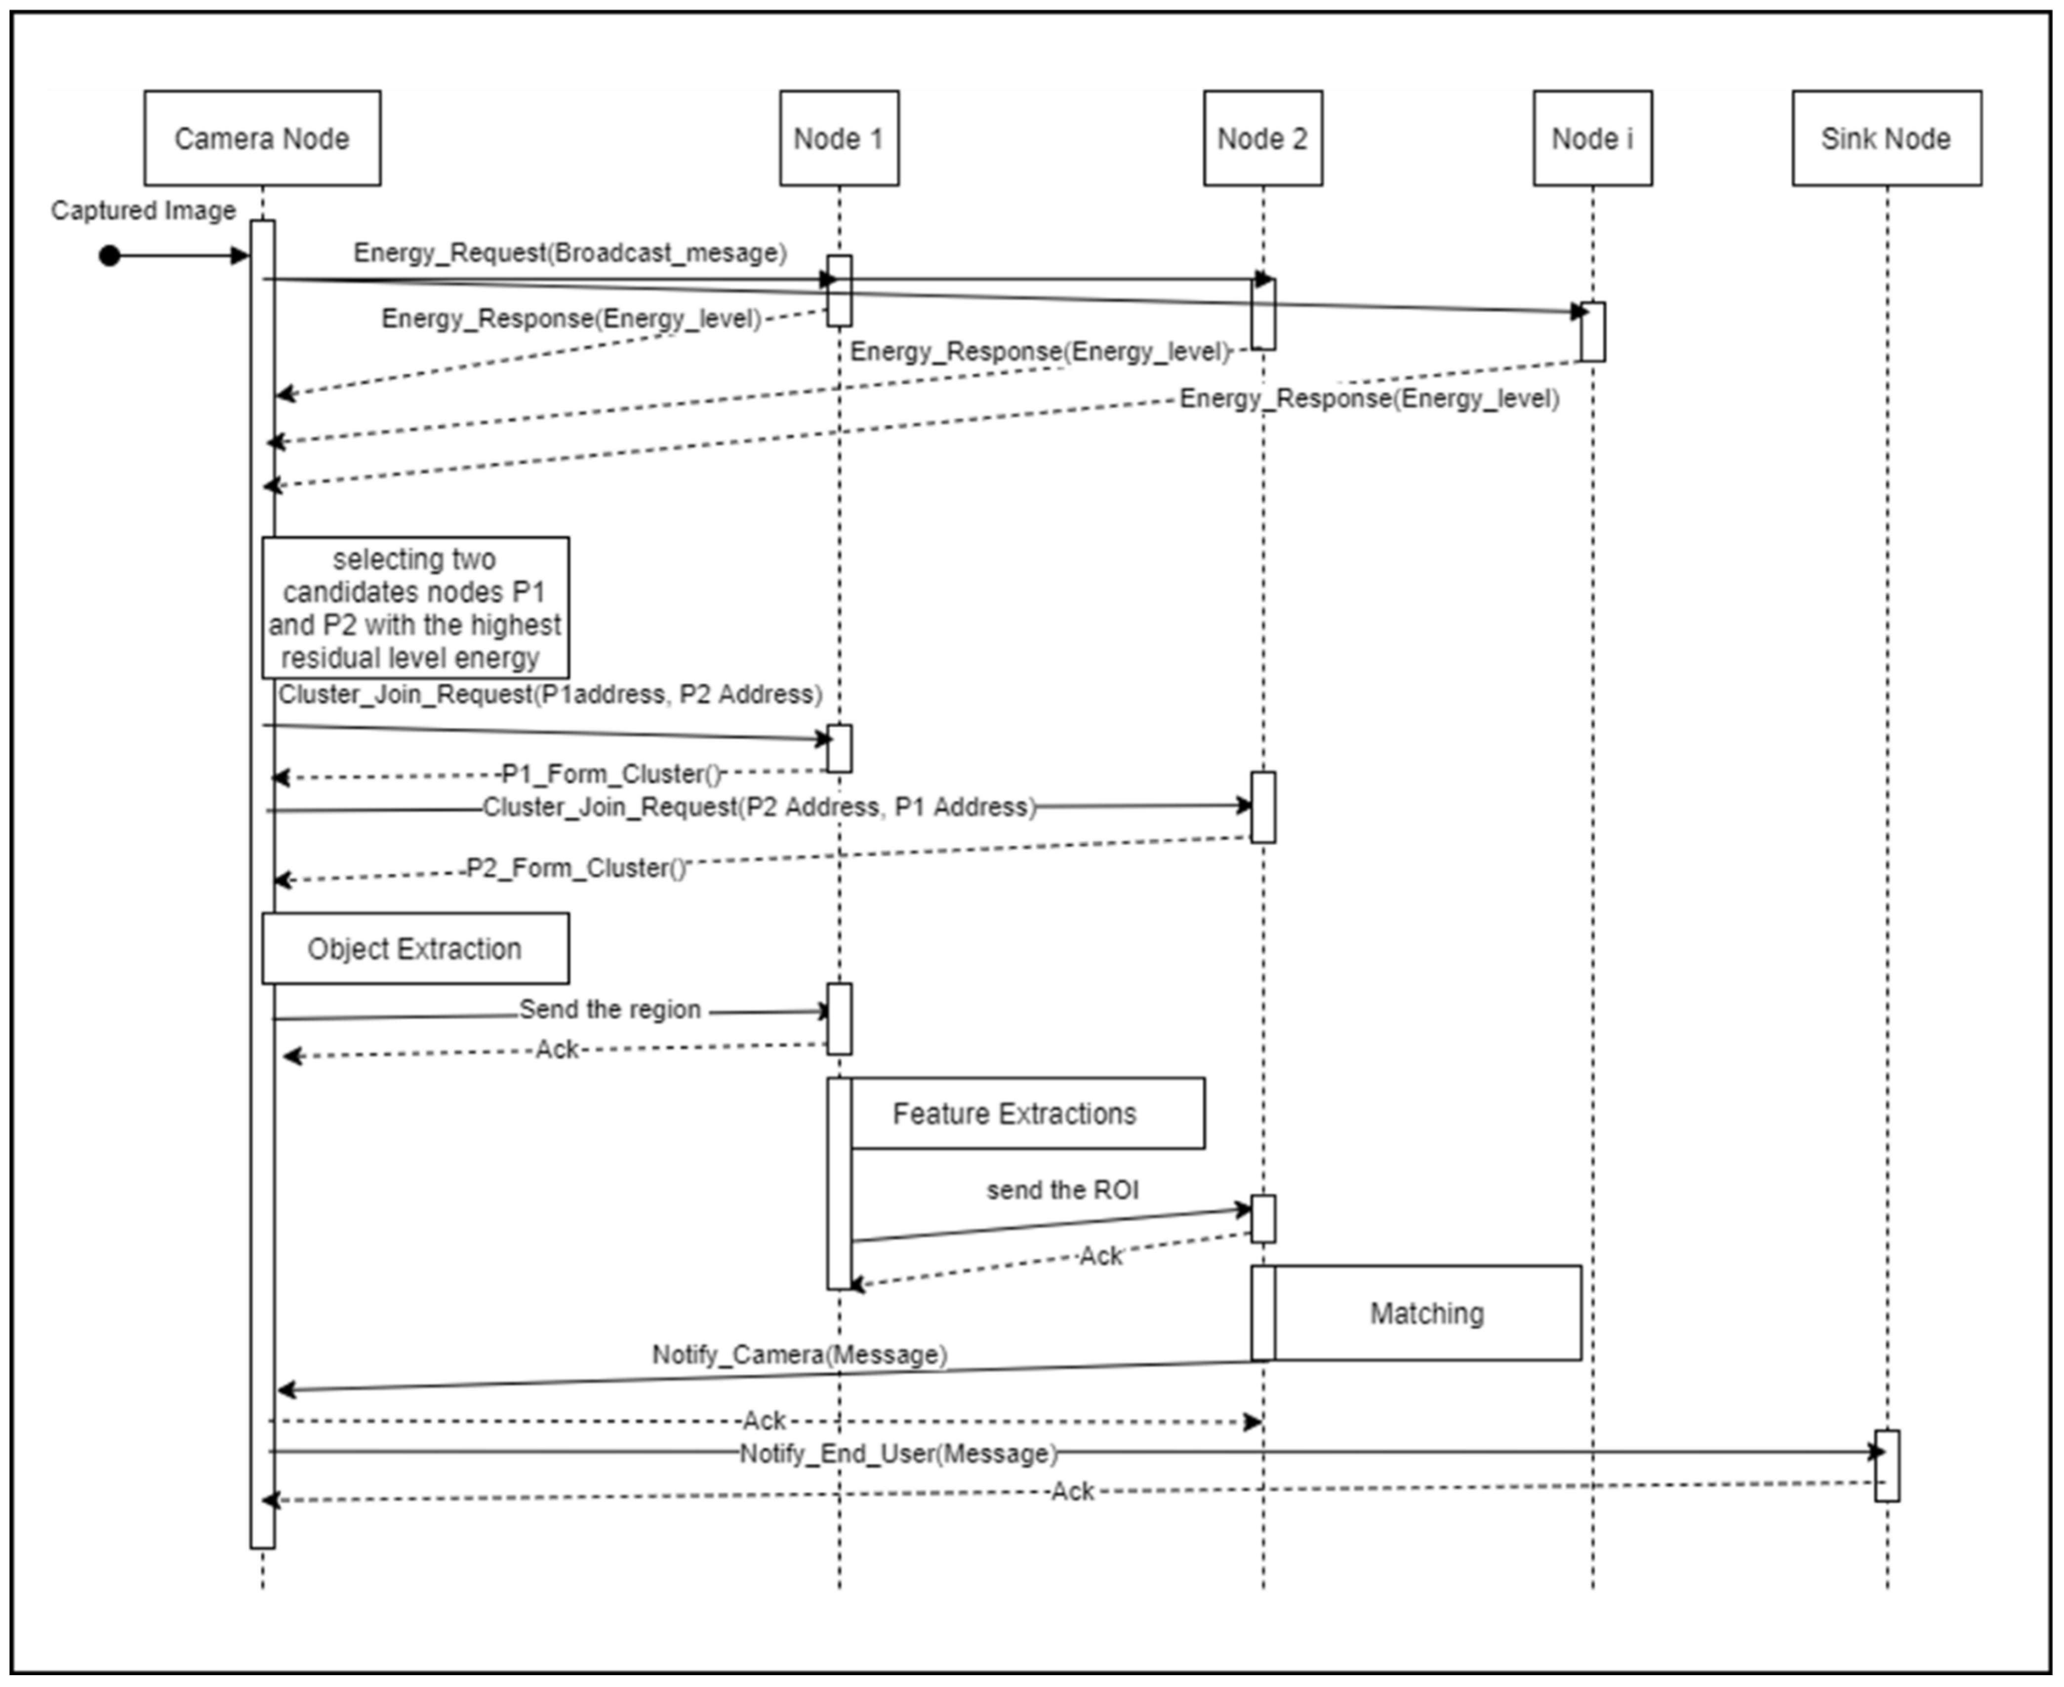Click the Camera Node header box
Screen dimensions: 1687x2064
pyautogui.click(x=262, y=138)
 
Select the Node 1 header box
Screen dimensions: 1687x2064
pyautogui.click(x=839, y=138)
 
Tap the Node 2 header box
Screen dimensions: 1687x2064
pyautogui.click(x=1262, y=138)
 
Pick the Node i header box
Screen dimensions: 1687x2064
pyautogui.click(x=1592, y=138)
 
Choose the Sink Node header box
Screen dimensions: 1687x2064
pyautogui.click(x=1886, y=138)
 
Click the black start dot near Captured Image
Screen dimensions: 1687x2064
pyautogui.click(x=110, y=255)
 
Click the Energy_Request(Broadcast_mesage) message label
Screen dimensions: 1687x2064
pyautogui.click(x=569, y=252)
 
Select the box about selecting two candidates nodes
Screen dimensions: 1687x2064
pyautogui.click(x=415, y=607)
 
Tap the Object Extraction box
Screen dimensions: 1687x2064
pyautogui.click(x=415, y=948)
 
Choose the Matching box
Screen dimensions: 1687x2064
pyautogui.click(x=1426, y=1313)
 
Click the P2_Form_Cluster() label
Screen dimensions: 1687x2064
pyautogui.click(x=576, y=868)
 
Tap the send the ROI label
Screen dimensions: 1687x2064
pyautogui.click(x=1062, y=1191)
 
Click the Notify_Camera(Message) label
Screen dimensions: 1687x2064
pyautogui.click(x=799, y=1355)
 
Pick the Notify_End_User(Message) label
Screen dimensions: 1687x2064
pyautogui.click(x=898, y=1454)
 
